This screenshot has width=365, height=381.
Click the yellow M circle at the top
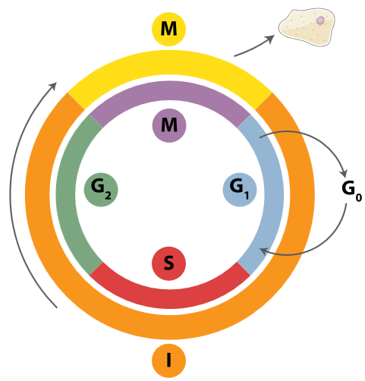pos(168,30)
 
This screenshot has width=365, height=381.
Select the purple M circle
pos(168,125)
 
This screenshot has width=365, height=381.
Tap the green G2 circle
pos(100,188)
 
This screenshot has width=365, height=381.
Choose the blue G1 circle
pos(239,188)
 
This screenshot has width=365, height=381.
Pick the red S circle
pos(168,264)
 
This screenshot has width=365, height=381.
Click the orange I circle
pos(168,360)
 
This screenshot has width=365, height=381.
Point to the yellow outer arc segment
pos(168,64)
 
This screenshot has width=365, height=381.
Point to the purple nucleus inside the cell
pos(321,20)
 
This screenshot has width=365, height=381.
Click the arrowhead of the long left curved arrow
pos(55,84)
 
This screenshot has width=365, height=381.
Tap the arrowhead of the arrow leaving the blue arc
pos(345,174)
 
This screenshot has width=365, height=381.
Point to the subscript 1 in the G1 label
pos(247,194)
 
